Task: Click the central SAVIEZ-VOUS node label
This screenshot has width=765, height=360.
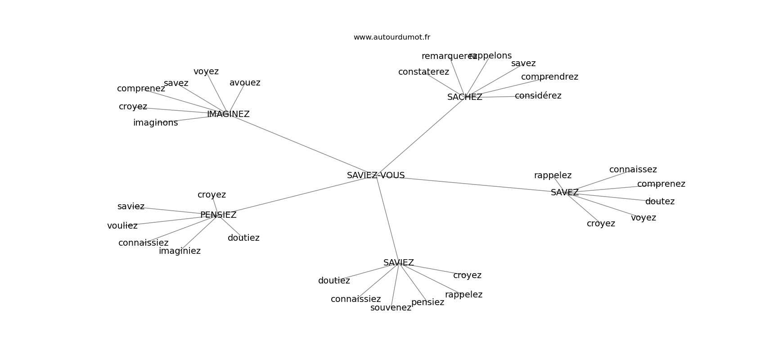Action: click(x=376, y=175)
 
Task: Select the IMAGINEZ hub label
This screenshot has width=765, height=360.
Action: click(x=228, y=114)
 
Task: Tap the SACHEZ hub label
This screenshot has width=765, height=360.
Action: click(x=464, y=97)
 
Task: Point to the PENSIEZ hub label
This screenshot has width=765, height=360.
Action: click(x=218, y=215)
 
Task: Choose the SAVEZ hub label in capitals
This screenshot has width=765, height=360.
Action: click(x=565, y=192)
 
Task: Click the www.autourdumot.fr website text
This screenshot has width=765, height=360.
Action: click(x=391, y=37)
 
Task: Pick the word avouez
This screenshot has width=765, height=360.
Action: click(x=245, y=83)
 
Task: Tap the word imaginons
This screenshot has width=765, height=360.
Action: click(x=155, y=122)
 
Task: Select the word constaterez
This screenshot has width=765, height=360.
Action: click(x=423, y=72)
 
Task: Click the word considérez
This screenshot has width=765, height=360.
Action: click(x=538, y=96)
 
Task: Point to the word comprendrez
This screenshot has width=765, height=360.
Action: click(x=549, y=77)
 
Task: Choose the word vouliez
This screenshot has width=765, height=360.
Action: click(x=122, y=226)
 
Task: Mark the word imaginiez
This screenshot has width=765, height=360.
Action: click(x=180, y=251)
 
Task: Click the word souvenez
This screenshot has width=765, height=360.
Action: click(x=391, y=308)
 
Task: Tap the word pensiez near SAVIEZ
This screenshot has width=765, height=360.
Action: click(x=427, y=302)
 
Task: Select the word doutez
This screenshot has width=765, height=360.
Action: click(x=660, y=202)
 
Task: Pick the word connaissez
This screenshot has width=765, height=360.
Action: click(x=633, y=169)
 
